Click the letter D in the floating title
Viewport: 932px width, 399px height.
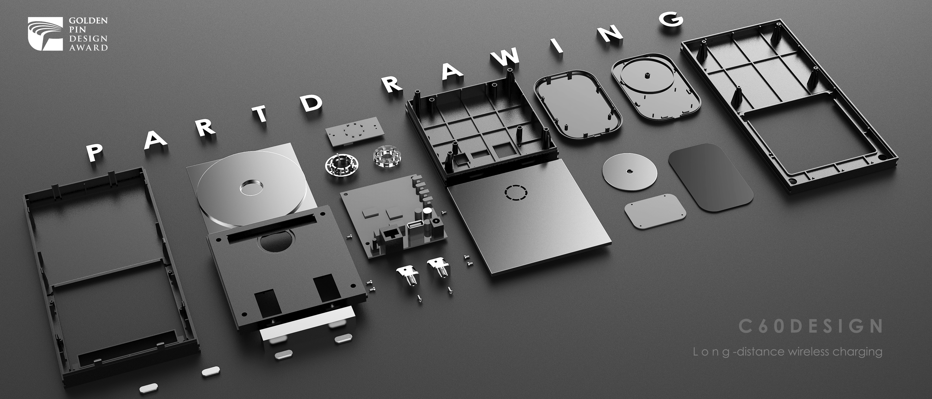312,102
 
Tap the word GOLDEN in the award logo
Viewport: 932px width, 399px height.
88,21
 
